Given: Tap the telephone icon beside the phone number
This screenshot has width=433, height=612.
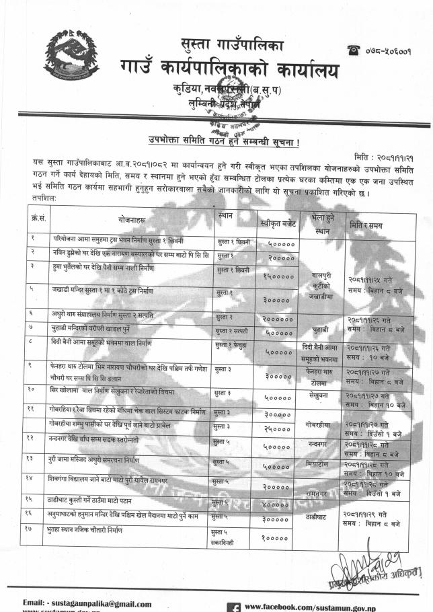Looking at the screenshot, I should [352, 49].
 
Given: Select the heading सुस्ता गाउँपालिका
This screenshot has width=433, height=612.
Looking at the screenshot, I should [233, 45].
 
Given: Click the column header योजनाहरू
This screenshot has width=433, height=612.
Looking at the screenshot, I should [130, 221].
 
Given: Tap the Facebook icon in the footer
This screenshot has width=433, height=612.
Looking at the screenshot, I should [235, 607].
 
